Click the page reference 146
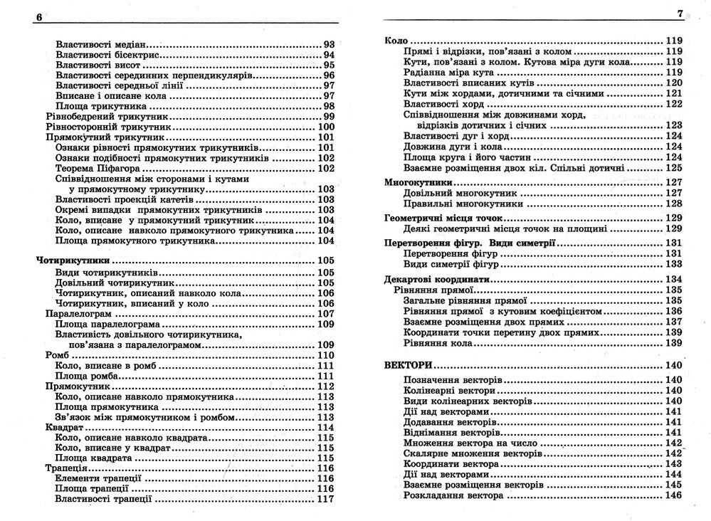673,495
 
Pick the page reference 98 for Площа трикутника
329,106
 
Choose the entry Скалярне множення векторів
473,453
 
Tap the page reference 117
325,499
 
